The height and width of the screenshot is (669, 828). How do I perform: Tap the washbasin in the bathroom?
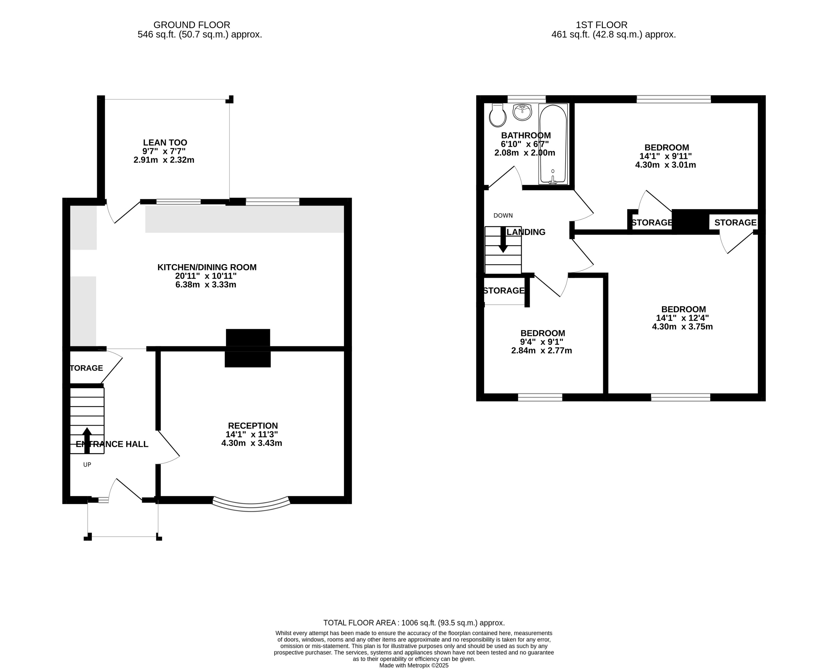pos(522,112)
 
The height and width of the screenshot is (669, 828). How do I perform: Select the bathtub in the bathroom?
pos(553,144)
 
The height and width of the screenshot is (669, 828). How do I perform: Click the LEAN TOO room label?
pos(165,143)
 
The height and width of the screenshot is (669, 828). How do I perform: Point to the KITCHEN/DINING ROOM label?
pos(207,267)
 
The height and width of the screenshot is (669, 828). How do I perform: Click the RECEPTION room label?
pos(253,426)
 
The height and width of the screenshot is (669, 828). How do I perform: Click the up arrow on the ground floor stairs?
pos(87,440)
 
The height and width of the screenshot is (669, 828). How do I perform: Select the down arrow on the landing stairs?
pos(503,240)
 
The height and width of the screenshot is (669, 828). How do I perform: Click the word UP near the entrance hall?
pos(87,465)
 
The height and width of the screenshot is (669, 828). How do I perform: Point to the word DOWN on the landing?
pos(503,215)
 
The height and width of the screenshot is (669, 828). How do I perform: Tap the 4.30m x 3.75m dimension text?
pos(682,327)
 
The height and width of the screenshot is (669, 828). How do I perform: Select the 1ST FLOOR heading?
pos(602,25)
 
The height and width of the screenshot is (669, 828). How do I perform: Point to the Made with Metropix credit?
pos(414,665)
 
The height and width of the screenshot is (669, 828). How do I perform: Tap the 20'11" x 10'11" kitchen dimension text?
pos(206,276)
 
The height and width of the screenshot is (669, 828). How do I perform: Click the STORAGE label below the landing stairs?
pos(504,291)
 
